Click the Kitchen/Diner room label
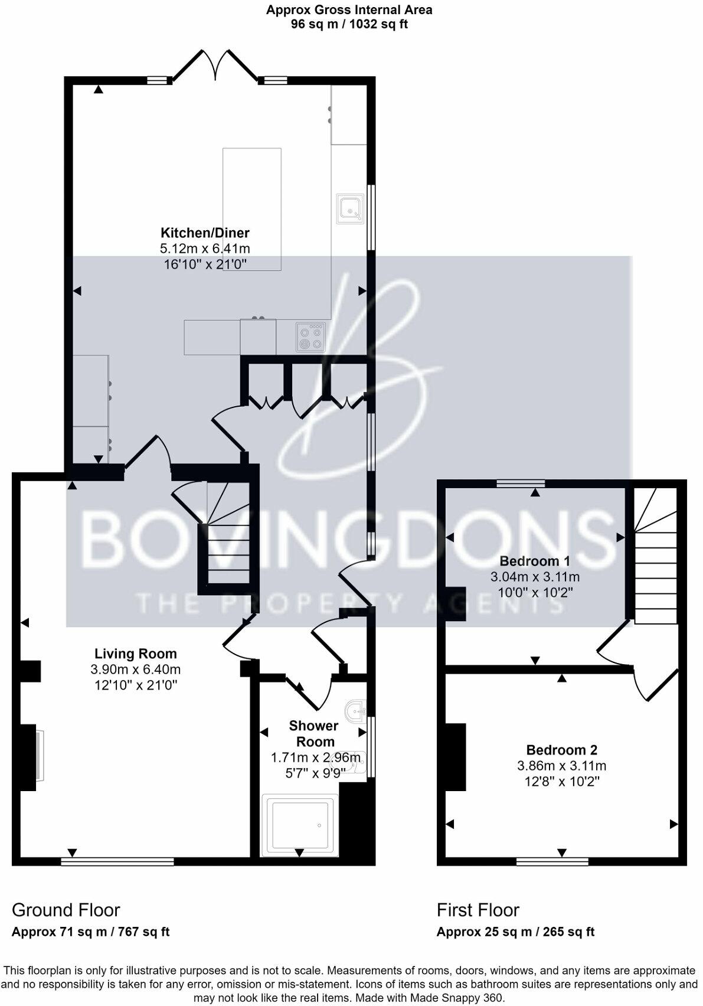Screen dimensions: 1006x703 click(205, 233)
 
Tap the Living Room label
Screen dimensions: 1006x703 click(136, 654)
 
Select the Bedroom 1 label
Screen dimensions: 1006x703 click(535, 561)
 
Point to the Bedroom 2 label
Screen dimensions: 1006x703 click(562, 750)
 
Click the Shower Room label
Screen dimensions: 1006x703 click(313, 734)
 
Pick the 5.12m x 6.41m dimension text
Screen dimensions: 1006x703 click(205, 249)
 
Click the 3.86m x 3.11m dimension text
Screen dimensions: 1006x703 click(562, 766)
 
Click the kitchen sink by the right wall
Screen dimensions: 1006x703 click(351, 209)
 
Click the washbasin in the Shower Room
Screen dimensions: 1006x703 click(355, 709)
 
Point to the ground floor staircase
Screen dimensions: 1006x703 click(227, 537)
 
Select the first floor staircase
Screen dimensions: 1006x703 click(655, 555)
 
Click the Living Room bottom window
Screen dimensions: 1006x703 click(117, 861)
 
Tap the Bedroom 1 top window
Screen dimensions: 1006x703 click(520, 484)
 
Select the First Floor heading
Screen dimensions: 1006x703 click(478, 910)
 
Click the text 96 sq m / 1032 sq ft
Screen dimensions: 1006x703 click(349, 24)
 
